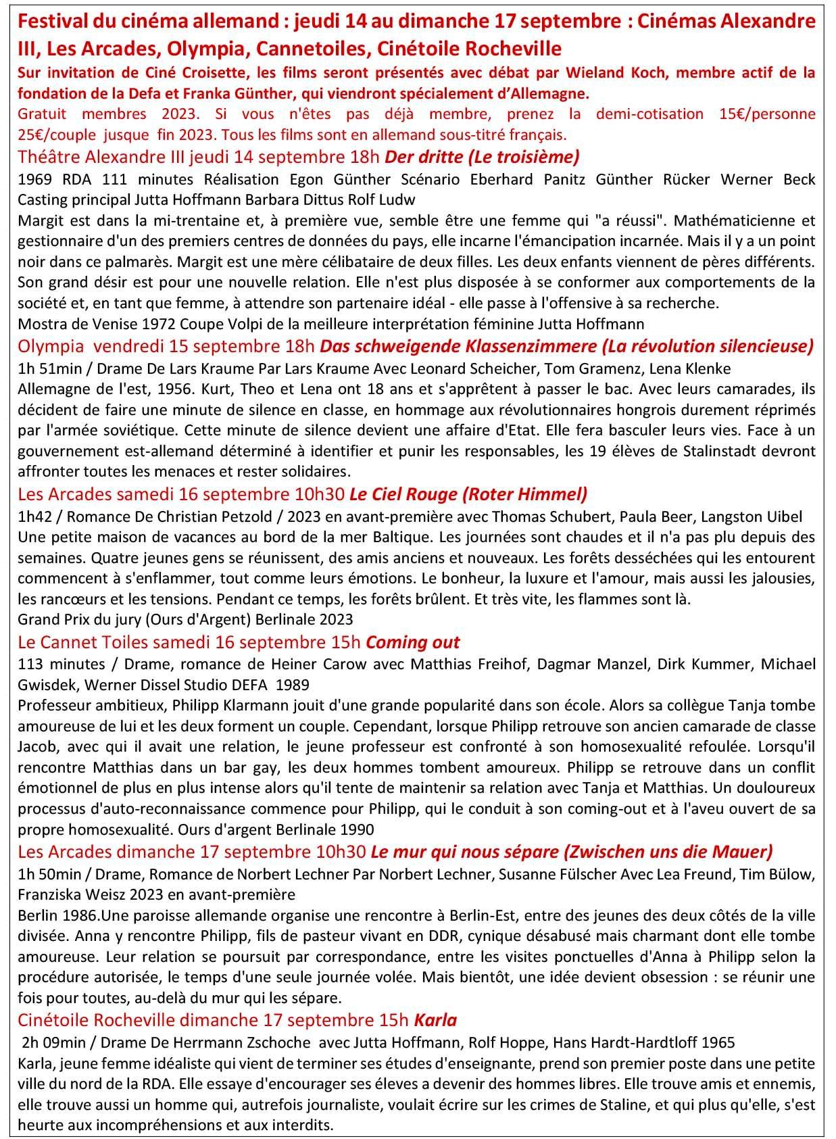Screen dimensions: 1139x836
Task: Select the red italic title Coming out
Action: click(x=412, y=641)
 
